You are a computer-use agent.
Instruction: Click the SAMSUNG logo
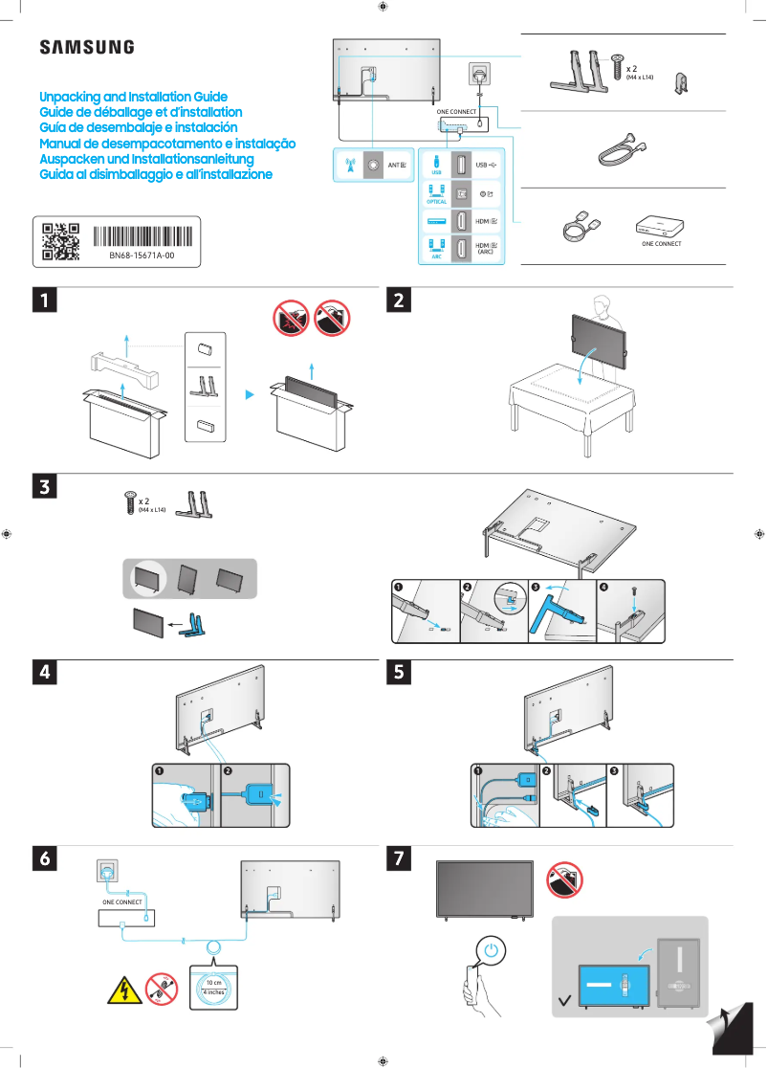pyautogui.click(x=86, y=47)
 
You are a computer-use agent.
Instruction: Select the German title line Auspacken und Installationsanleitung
pyautogui.click(x=145, y=159)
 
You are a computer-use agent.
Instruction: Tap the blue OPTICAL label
pyautogui.click(x=436, y=202)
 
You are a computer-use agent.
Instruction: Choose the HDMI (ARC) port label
pyautogui.click(x=485, y=249)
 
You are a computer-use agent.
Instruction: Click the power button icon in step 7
pyautogui.click(x=491, y=952)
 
